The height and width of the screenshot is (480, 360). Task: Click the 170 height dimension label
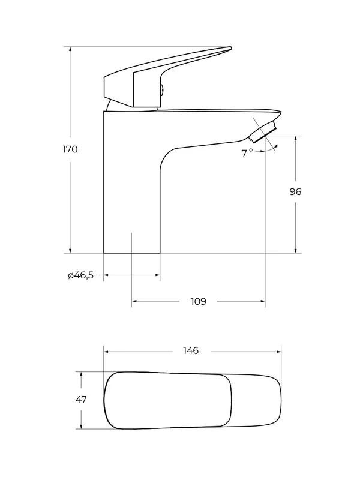pyautogui.click(x=70, y=149)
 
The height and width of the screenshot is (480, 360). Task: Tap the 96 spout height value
pyautogui.click(x=295, y=191)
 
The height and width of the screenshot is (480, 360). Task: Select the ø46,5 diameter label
pyautogui.click(x=81, y=275)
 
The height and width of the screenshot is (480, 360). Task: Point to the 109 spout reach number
pyautogui.click(x=199, y=302)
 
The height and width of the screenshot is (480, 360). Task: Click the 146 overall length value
pyautogui.click(x=191, y=350)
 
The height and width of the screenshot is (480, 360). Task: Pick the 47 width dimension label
pyautogui.click(x=81, y=400)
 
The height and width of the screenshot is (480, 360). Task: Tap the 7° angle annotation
pyautogui.click(x=247, y=153)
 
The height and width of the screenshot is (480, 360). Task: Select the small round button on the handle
pyautogui.click(x=161, y=89)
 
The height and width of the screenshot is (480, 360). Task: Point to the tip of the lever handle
pyautogui.click(x=230, y=48)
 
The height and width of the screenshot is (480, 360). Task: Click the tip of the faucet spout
pyautogui.click(x=280, y=112)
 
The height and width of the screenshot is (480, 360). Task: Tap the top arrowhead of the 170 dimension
pyautogui.click(x=70, y=50)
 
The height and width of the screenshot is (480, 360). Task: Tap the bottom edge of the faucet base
pyautogui.click(x=132, y=253)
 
